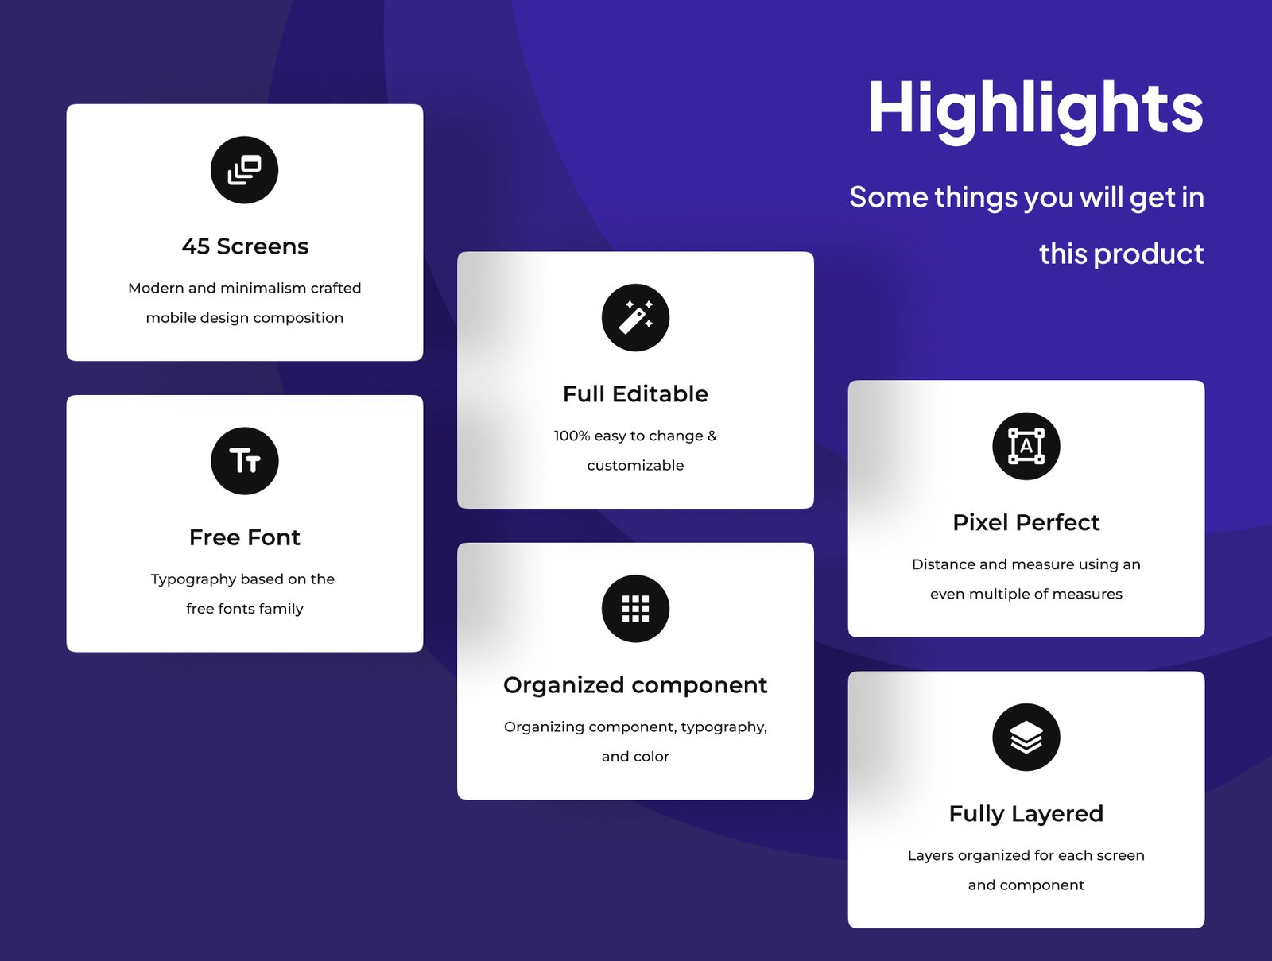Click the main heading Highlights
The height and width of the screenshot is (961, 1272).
click(1036, 110)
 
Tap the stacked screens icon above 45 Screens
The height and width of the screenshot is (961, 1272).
click(244, 170)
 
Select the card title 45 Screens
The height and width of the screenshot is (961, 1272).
click(245, 246)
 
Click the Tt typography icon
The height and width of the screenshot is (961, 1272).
click(245, 461)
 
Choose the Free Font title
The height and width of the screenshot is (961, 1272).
click(245, 537)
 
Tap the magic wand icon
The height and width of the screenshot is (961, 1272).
click(635, 317)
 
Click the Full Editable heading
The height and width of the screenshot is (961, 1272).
click(635, 394)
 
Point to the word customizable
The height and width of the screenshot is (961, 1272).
click(635, 465)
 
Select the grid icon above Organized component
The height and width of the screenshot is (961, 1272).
click(635, 608)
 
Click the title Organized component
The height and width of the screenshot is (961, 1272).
click(635, 686)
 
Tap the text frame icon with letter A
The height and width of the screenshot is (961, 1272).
click(1026, 446)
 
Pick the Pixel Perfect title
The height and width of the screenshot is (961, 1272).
click(1026, 522)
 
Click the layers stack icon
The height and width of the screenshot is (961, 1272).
click(1026, 737)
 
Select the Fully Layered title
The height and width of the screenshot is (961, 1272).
click(1026, 815)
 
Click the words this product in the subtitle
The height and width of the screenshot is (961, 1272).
click(1121, 254)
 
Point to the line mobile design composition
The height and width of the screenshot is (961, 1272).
click(245, 318)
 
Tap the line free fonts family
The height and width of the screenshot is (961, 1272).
click(245, 609)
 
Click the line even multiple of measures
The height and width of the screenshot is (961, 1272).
click(1026, 594)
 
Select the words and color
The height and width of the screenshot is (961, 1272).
click(635, 757)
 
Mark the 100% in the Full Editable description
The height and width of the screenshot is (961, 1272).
click(572, 436)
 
